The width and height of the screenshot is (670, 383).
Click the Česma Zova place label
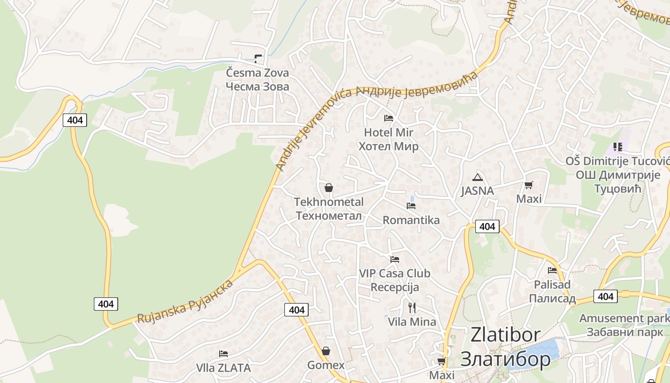coord(257,73)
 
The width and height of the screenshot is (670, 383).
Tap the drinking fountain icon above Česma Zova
coord(258,59)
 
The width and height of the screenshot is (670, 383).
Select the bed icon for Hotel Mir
coord(389,118)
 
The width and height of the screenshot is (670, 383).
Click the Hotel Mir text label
coord(389,133)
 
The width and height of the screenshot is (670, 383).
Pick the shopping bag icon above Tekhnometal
coord(329,188)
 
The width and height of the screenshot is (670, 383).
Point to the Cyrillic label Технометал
coord(329,216)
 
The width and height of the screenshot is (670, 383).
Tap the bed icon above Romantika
coord(411,206)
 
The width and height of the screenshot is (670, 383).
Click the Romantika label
coord(411,220)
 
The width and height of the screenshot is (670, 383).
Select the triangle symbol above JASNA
coord(477,177)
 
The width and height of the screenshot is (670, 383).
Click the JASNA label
coord(477,191)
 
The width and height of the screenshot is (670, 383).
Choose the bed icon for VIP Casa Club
coord(395,259)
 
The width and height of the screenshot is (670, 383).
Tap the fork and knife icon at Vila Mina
coord(412,307)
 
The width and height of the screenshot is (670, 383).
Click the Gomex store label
coord(326,365)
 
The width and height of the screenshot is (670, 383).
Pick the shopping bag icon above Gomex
coord(326,351)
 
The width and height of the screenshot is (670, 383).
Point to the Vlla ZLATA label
coord(223,368)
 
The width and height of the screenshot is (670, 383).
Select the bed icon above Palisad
coord(552,270)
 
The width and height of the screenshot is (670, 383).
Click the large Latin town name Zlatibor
coord(505,335)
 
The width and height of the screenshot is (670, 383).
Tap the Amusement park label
coord(618,318)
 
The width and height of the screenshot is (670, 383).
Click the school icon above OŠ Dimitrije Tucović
coord(617,147)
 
